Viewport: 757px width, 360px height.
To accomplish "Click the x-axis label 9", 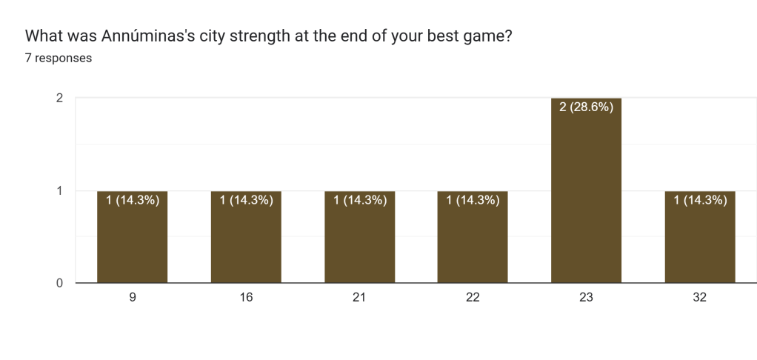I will (x=132, y=298).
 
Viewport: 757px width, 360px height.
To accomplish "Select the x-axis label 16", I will (x=246, y=298).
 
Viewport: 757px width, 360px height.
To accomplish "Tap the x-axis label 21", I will (x=359, y=298).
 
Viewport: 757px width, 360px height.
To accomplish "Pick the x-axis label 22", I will (x=473, y=298).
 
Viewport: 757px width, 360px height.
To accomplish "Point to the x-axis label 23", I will (x=586, y=298).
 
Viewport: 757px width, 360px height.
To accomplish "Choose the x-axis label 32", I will (x=700, y=298).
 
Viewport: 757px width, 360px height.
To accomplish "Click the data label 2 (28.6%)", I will (x=586, y=107).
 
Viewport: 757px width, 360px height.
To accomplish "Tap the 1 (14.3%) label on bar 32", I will (x=700, y=199).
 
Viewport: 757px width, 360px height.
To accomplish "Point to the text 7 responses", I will (x=59, y=58).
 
